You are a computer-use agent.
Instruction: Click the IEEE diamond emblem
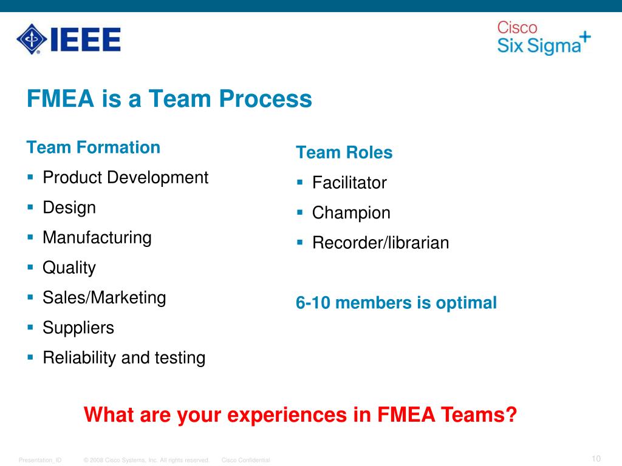pos(31,39)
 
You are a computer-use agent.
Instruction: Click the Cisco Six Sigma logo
pos(543,38)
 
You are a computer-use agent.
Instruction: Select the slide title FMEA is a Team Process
pos(169,98)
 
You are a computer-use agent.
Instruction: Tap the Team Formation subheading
pos(94,147)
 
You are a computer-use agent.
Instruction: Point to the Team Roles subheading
pos(344,153)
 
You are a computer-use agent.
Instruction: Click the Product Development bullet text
pos(125,178)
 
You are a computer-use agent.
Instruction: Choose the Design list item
pos(69,208)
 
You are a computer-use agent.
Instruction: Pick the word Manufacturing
pos(97,237)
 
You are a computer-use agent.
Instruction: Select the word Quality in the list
pos(69,268)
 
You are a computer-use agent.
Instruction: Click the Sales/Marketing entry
pos(104,297)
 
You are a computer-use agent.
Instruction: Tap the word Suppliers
pos(78,328)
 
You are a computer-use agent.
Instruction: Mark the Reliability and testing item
pos(124,358)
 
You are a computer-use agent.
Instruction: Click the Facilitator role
pos(349,183)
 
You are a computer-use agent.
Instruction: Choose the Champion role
pos(351,213)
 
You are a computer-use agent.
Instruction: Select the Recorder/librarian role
pos(380,243)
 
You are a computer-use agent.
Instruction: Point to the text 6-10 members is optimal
pos(396,303)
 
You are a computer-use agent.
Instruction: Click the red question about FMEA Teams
pos(300,416)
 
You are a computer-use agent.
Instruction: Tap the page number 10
pos(595,458)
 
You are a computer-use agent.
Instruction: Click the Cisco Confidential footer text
pos(245,461)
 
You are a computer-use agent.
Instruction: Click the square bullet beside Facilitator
pos(299,181)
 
